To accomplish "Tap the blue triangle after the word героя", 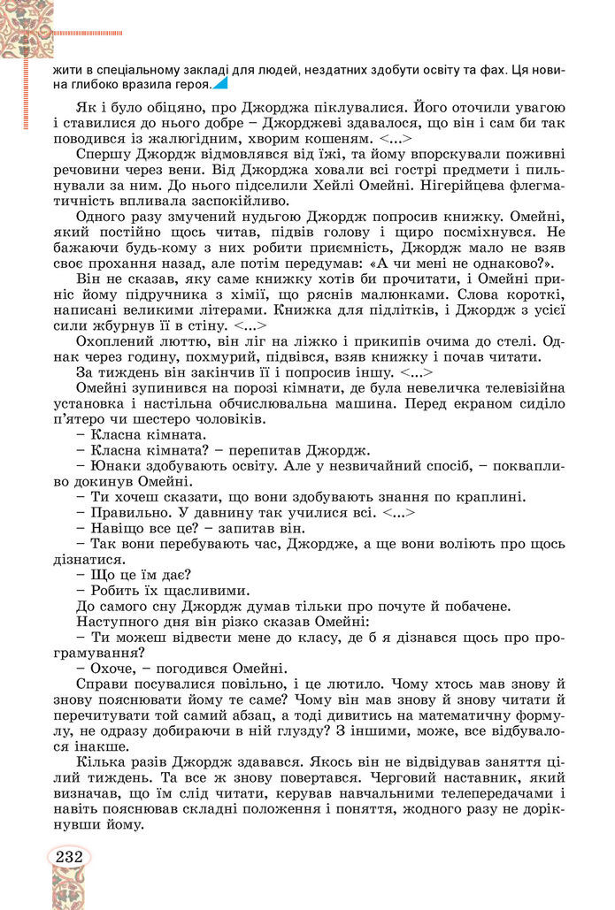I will (220, 84).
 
